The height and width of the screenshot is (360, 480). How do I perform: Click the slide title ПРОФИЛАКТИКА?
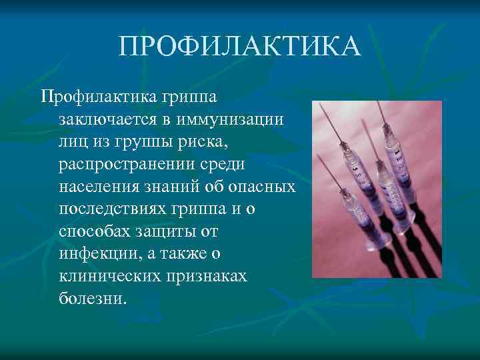click(240, 47)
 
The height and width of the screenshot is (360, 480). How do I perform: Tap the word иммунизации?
click(227, 120)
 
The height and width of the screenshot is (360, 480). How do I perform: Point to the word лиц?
click(71, 143)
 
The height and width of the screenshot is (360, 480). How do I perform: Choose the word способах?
click(94, 231)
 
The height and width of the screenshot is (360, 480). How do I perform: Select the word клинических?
click(107, 275)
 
